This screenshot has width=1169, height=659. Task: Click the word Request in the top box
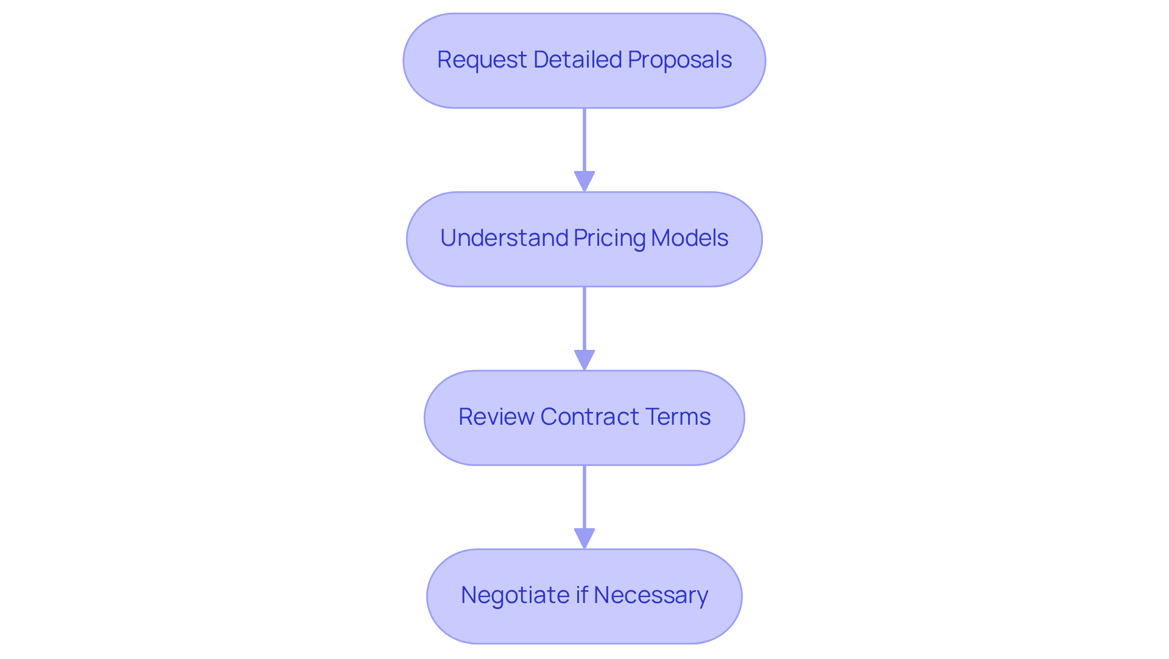click(x=482, y=60)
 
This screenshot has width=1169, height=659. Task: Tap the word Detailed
click(x=577, y=60)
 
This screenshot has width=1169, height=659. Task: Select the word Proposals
click(x=679, y=60)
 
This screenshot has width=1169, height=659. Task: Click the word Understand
click(x=504, y=238)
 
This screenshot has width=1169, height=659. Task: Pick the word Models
click(x=689, y=238)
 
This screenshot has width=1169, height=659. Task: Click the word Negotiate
click(x=515, y=595)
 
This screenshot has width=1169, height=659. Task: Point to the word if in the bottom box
click(x=581, y=595)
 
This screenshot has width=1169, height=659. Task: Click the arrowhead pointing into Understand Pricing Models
click(x=584, y=181)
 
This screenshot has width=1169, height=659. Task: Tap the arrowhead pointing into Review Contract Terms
click(x=584, y=360)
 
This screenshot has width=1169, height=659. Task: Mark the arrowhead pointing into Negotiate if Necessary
click(x=584, y=539)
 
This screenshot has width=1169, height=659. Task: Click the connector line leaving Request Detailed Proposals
click(x=584, y=140)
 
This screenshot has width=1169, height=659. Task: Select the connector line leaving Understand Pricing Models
click(x=584, y=318)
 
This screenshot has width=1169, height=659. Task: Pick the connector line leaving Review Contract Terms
click(x=584, y=497)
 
